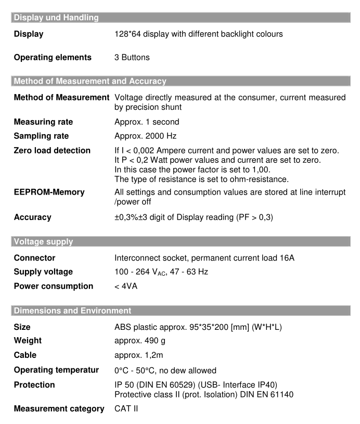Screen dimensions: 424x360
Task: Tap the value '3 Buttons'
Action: tap(132, 57)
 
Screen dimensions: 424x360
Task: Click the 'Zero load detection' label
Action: tap(51, 151)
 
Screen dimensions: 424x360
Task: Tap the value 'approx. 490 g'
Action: tap(137, 341)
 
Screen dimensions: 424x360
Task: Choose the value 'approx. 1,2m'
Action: tap(137, 355)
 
